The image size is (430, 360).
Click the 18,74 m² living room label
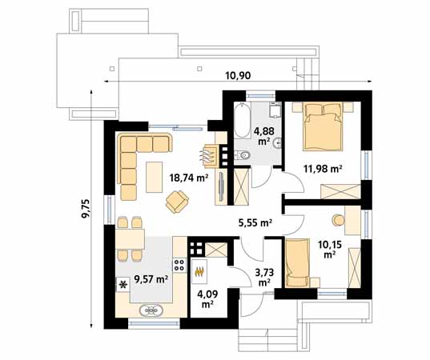189,178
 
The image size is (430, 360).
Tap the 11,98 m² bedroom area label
323,168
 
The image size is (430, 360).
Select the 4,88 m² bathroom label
263,136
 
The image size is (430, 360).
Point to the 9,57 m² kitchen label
151,279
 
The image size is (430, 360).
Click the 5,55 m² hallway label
255,222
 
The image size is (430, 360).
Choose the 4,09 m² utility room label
207,299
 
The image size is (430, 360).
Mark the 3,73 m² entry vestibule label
264,278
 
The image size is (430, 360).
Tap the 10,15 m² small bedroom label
330,249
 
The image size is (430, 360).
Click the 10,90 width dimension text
238,75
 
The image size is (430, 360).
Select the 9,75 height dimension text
86,209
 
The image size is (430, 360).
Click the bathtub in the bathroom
243,120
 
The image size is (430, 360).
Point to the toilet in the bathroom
243,156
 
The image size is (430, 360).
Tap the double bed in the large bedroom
323,126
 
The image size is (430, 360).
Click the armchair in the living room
177,202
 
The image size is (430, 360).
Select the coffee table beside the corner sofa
154,177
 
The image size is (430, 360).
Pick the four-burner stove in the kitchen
179,265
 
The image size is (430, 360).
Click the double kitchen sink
151,310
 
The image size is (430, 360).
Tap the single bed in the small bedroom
297,263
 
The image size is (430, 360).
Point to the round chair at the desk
338,220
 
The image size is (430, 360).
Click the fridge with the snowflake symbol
123,285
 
